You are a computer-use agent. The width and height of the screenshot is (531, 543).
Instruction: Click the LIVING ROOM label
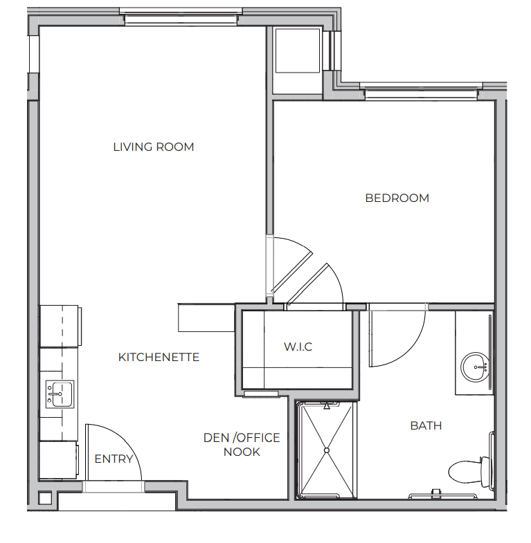(154, 147)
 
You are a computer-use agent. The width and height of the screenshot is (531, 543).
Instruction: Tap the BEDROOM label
(397, 198)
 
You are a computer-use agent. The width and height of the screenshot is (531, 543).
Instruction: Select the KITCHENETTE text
(159, 357)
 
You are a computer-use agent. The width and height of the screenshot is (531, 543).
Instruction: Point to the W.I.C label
(298, 347)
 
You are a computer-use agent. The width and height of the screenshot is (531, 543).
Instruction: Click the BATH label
(426, 425)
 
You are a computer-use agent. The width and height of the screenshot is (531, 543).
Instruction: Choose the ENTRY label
(114, 459)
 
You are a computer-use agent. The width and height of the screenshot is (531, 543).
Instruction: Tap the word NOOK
(242, 452)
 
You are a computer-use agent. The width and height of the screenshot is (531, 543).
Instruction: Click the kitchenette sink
(60, 394)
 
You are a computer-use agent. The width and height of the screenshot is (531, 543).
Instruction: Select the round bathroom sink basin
(475, 367)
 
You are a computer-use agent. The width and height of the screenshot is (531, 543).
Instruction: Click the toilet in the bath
(470, 471)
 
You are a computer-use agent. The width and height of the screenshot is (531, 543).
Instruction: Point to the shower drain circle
(327, 450)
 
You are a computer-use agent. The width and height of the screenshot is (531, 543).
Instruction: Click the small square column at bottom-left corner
(45, 498)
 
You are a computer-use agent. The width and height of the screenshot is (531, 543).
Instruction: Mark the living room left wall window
(34, 54)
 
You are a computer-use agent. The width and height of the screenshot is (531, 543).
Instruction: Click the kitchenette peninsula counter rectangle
(206, 317)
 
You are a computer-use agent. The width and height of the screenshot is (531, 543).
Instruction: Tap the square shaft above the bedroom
(298, 50)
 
